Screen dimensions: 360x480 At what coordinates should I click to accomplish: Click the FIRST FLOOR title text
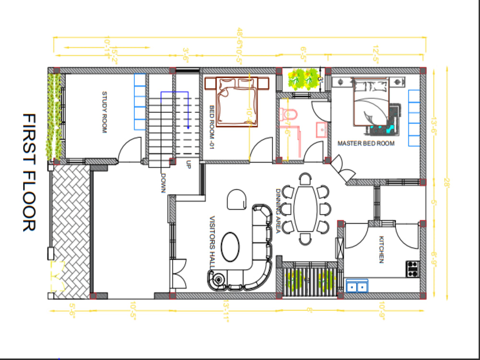29,173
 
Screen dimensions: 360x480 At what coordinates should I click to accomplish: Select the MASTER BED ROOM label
366,143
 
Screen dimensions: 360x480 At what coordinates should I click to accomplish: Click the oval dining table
305,209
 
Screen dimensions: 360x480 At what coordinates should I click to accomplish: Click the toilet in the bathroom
290,114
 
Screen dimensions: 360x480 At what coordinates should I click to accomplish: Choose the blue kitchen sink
357,286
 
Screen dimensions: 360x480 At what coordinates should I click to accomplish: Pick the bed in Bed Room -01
237,101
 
